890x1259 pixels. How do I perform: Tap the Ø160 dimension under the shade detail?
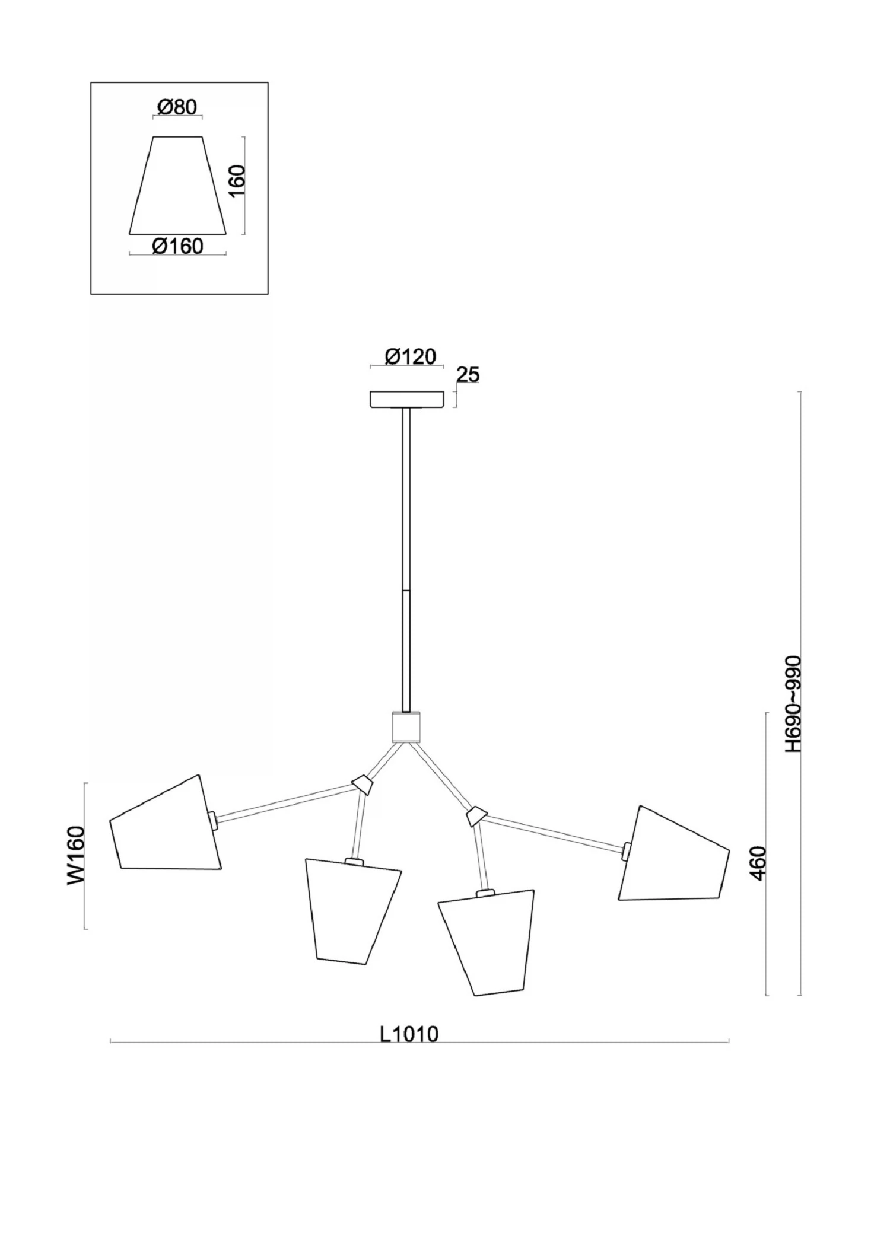[177, 246]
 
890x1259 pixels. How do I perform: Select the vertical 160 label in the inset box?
[236, 182]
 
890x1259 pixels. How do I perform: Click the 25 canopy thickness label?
[468, 375]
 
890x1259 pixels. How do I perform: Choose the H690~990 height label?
[793, 704]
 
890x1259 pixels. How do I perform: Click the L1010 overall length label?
[409, 1034]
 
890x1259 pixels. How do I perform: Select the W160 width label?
[76, 856]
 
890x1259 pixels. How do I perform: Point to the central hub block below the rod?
[406, 727]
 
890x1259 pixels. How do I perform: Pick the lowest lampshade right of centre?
[487, 942]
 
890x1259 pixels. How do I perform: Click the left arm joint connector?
[363, 785]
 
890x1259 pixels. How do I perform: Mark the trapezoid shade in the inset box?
[178, 185]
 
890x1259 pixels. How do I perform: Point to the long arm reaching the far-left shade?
[285, 801]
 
